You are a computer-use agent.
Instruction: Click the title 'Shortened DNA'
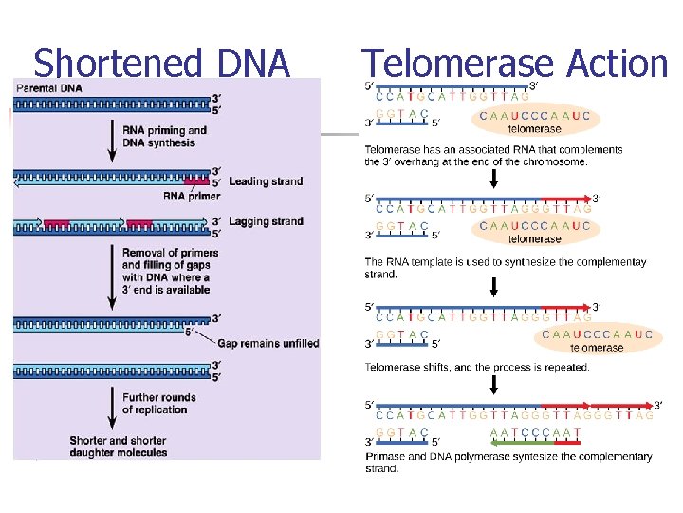[161, 64]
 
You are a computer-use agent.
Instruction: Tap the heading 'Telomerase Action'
[515, 64]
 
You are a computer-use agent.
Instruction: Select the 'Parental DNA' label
[48, 88]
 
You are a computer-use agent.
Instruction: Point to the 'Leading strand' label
[266, 181]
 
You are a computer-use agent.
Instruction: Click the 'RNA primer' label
[192, 197]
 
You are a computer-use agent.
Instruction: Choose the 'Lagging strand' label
[267, 221]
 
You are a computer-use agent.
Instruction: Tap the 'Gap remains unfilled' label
[268, 343]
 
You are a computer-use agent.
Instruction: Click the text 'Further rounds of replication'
[159, 404]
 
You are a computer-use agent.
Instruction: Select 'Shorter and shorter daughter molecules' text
[118, 446]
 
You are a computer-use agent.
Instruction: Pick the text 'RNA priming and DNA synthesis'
[165, 137]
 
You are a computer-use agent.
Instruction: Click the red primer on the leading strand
[196, 180]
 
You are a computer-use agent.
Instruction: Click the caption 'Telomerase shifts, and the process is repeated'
[477, 368]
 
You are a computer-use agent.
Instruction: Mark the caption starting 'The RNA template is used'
[506, 268]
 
